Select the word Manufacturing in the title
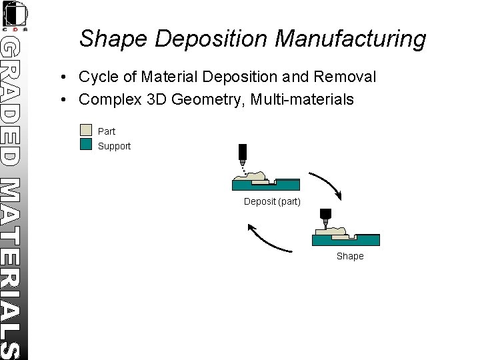350,39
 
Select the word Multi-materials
310,100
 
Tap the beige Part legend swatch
85,131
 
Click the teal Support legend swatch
85,144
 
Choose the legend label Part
107,131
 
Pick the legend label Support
115,146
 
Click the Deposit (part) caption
272,201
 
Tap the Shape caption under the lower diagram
350,256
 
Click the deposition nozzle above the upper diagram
242,153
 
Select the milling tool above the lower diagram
326,216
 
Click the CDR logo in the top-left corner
14,15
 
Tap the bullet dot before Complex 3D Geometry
61,100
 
